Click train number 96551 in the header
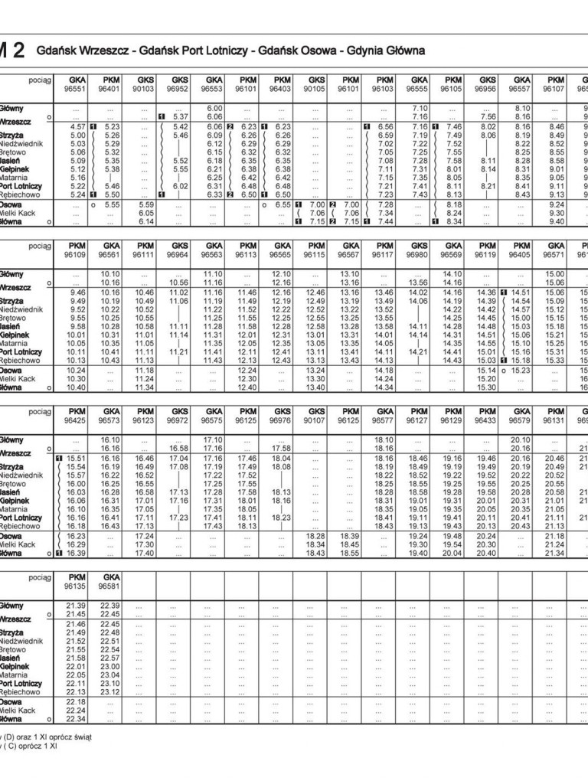tap(77, 88)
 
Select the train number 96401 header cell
tap(111, 88)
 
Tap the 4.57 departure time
tap(77, 126)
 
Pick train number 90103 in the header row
tap(145, 88)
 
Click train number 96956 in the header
tap(488, 88)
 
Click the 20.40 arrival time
tap(487, 553)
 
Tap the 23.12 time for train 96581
tap(111, 691)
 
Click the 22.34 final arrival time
tap(76, 719)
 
